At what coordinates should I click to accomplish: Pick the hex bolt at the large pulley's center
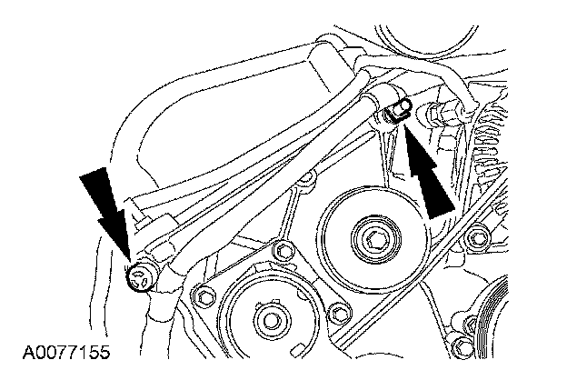pos(375,242)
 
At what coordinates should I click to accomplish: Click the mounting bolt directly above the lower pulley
pos(283,252)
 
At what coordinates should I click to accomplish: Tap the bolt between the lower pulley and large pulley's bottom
pos(341,313)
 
